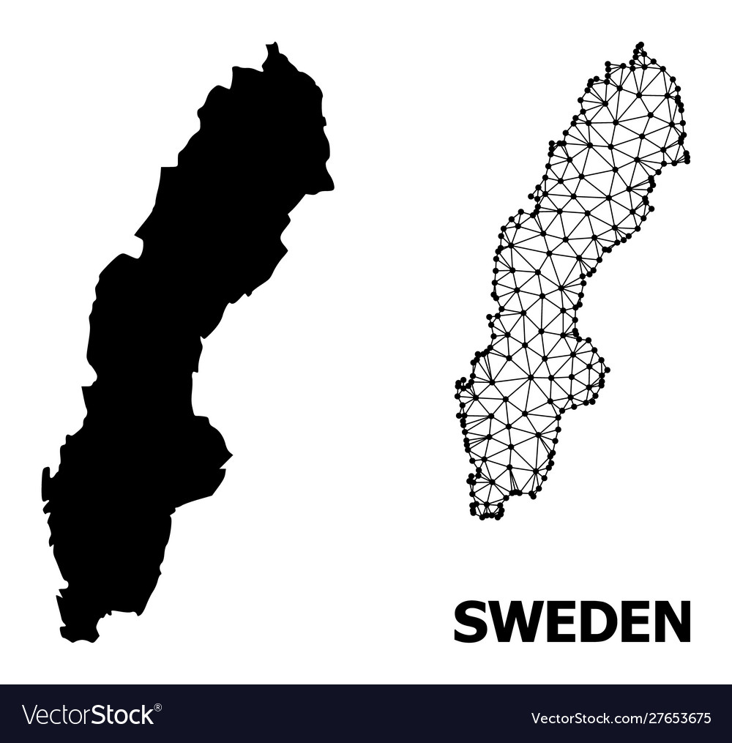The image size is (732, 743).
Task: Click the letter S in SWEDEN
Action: pyautogui.click(x=469, y=621)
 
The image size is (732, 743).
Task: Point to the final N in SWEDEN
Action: pyautogui.click(x=672, y=621)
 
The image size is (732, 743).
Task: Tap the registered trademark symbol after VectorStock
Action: pyautogui.click(x=157, y=706)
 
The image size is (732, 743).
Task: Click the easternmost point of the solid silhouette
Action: pyautogui.click(x=333, y=187)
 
